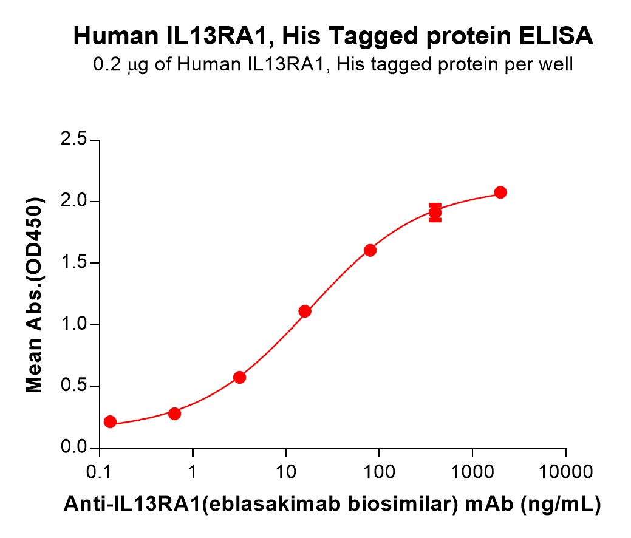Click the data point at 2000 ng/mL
[x=500, y=192]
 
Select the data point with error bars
[x=435, y=213]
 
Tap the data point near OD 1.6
[x=370, y=250]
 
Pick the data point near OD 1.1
[x=305, y=312]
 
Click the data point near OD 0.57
[x=239, y=377]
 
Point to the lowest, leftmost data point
[x=110, y=421]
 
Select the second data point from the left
[x=174, y=414]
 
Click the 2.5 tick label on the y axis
[x=73, y=140]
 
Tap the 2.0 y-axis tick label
[x=73, y=202]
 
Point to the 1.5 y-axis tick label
[x=73, y=264]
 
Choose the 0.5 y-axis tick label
[x=73, y=387]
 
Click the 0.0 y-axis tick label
[x=73, y=448]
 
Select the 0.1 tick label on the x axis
[x=98, y=470]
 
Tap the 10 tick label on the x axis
[x=285, y=470]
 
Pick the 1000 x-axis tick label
[x=472, y=470]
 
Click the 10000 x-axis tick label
[x=565, y=470]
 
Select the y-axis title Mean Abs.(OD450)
[x=35, y=295]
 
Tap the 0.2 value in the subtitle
[x=105, y=65]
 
